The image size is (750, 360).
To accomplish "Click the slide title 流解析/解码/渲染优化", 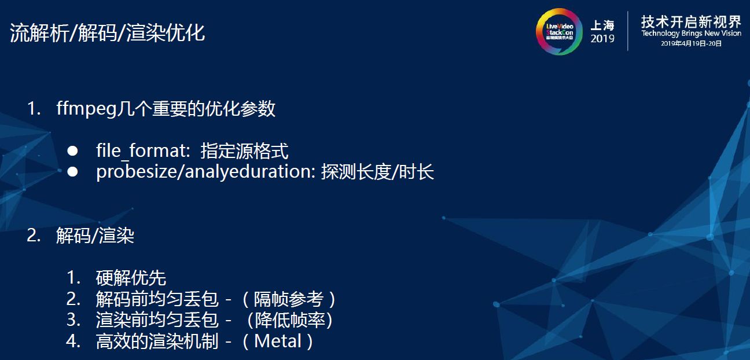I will [x=108, y=33].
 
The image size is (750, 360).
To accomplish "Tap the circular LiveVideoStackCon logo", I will [x=558, y=31].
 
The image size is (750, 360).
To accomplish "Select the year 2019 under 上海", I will [x=602, y=39].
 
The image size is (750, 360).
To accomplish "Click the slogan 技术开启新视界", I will [x=691, y=22].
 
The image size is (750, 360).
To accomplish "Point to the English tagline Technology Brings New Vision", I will [x=691, y=34].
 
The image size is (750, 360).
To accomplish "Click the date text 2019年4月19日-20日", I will [x=691, y=43].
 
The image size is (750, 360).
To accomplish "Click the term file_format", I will [x=142, y=152].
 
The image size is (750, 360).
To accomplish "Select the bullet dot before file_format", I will [x=72, y=151].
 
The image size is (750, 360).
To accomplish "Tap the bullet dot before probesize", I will [x=72, y=172].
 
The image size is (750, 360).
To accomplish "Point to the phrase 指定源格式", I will [x=244, y=152].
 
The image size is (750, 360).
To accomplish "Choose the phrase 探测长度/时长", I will [x=377, y=172].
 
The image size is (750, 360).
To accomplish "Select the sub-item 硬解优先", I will [x=131, y=278].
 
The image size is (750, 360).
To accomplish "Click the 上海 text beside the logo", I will [x=602, y=25].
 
